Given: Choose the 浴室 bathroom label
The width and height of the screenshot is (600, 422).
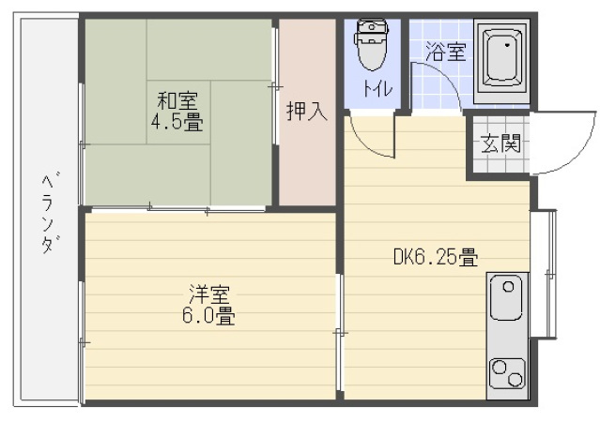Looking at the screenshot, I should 445,53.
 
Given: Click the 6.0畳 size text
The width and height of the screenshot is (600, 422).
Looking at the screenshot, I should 208,316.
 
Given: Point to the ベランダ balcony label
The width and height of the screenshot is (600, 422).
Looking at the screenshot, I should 47,212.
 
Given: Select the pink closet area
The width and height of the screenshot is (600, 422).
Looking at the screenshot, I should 306,159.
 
